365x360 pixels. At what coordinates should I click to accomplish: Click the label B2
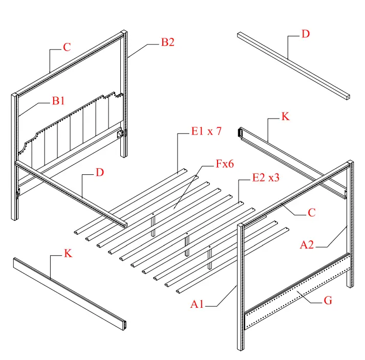(168, 42)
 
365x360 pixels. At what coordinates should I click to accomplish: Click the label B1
(58, 101)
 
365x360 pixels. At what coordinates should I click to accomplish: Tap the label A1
(198, 305)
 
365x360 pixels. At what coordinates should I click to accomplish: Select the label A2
(307, 245)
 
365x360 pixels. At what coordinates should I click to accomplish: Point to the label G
(328, 301)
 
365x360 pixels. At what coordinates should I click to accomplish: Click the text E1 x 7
(206, 131)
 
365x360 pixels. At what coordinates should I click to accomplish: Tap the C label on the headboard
(67, 47)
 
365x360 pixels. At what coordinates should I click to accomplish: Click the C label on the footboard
(312, 213)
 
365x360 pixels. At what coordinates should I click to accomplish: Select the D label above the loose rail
(305, 34)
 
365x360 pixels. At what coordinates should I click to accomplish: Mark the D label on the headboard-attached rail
(100, 172)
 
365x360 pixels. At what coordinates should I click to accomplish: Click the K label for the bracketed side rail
(286, 117)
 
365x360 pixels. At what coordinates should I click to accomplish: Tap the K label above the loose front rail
(68, 254)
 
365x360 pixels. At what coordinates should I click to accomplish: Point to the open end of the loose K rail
(124, 325)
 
